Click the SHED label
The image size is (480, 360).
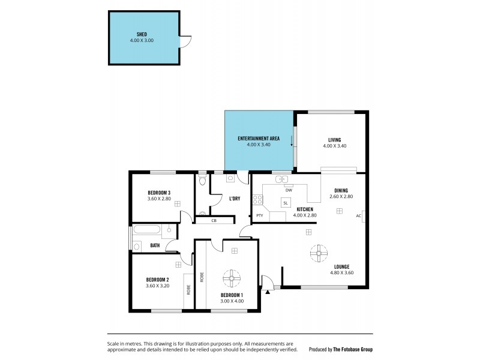142,34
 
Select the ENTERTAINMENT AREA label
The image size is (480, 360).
259,139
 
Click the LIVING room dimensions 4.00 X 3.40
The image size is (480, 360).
334,146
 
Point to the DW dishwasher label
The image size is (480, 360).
289,190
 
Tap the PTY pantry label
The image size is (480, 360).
260,215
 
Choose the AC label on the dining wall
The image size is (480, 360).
358,216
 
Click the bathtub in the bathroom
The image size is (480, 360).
148,230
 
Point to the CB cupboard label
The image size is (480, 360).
214,221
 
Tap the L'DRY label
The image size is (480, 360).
235,199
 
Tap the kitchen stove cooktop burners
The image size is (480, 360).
257,200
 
